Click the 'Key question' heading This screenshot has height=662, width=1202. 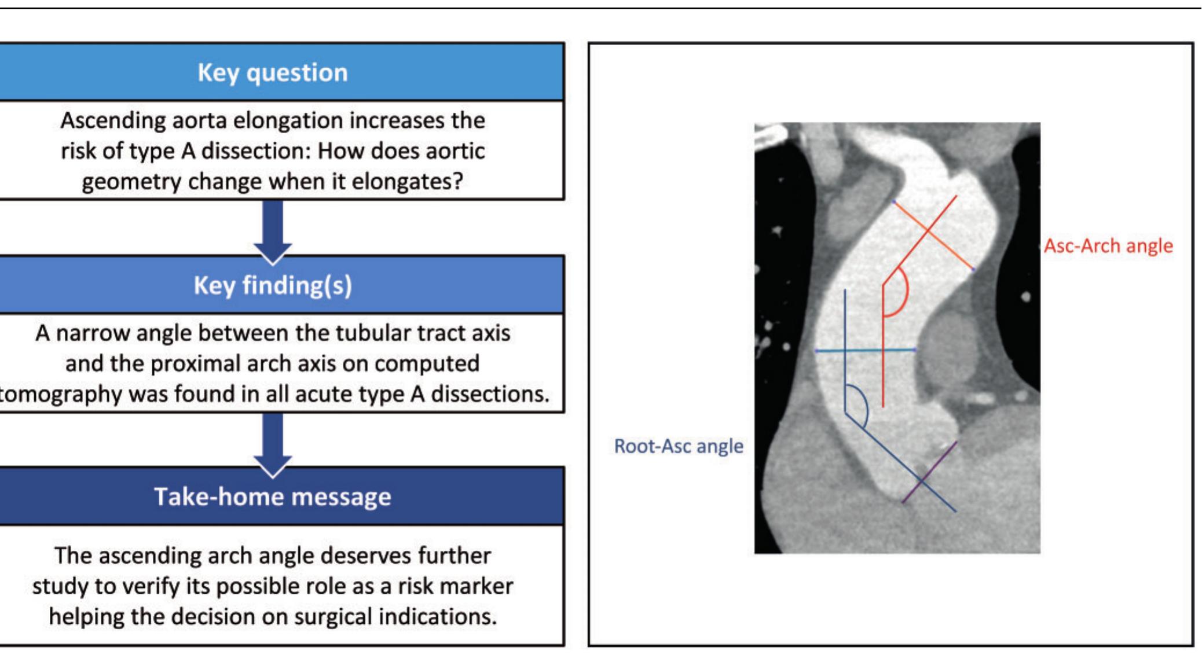(x=273, y=73)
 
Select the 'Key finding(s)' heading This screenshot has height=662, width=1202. (x=273, y=285)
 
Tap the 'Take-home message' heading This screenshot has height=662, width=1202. (x=273, y=497)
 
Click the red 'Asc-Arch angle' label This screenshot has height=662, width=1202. (x=1108, y=246)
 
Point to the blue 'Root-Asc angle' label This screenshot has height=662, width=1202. (x=679, y=446)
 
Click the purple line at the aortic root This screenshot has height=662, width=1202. (x=929, y=472)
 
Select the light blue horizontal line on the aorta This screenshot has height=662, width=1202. (x=866, y=350)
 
